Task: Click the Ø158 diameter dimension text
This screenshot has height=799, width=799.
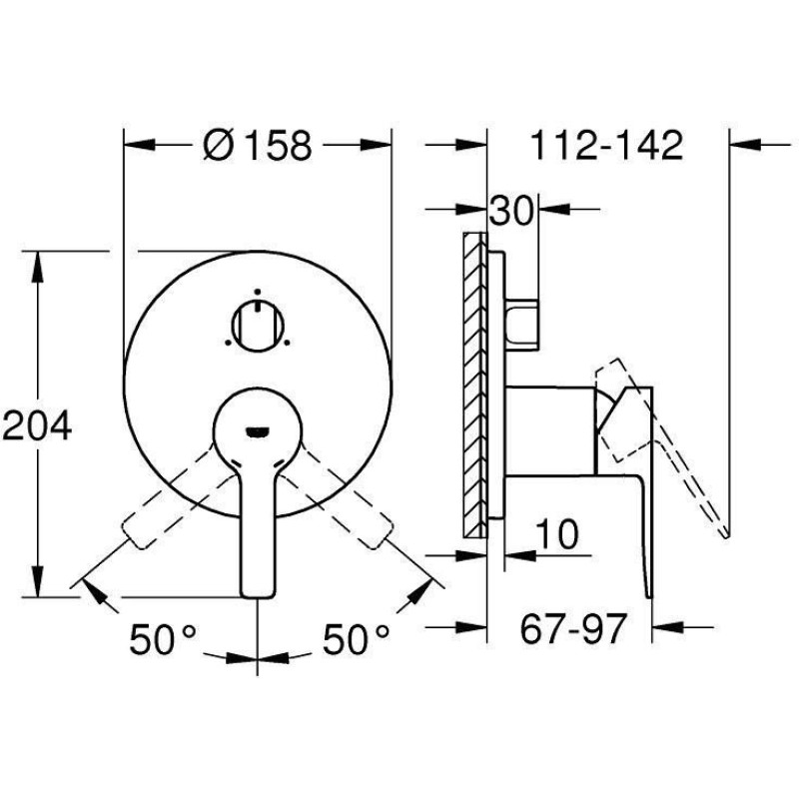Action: click(x=257, y=146)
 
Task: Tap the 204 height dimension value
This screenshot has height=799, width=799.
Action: click(x=37, y=426)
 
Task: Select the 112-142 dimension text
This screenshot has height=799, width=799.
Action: click(x=606, y=146)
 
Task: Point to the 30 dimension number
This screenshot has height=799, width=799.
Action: click(x=510, y=211)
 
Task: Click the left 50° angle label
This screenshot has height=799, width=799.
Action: click(x=164, y=639)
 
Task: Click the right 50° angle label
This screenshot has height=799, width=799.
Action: click(x=356, y=639)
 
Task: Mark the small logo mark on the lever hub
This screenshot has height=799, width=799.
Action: click(x=257, y=429)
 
